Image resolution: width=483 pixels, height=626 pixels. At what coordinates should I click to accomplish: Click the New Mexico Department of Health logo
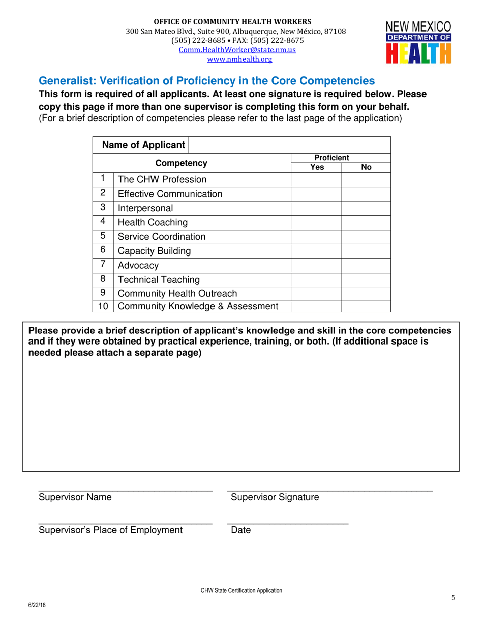(x=417, y=42)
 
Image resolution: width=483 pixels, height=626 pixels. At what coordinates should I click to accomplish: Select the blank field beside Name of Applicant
(x=289, y=145)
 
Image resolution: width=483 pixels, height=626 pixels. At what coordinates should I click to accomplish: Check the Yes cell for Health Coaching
(x=315, y=222)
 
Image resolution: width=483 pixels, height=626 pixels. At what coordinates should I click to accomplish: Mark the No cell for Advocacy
(x=365, y=265)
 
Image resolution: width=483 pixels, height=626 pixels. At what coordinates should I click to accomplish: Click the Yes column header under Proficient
(x=315, y=167)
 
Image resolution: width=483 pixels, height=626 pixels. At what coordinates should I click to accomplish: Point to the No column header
(x=366, y=167)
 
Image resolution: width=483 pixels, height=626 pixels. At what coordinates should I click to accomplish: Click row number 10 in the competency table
(x=103, y=306)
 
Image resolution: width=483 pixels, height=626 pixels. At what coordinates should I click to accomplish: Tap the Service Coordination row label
(x=162, y=237)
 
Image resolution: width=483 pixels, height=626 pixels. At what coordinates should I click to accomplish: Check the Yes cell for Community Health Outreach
(x=315, y=293)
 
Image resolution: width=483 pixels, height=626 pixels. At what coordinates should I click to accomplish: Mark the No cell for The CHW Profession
(x=365, y=180)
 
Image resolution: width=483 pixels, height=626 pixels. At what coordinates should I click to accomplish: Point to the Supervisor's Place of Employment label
(x=110, y=530)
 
